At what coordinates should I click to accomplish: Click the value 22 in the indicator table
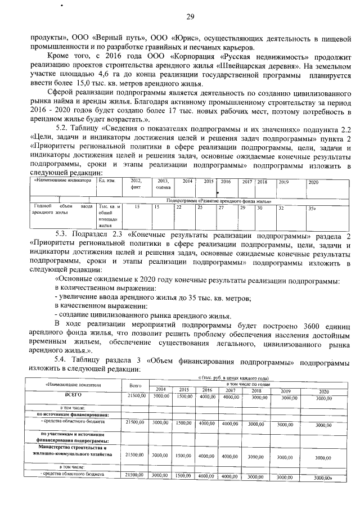click(x=178, y=208)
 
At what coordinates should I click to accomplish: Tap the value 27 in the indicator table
click(x=221, y=208)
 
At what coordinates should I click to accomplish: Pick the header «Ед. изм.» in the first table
click(x=107, y=181)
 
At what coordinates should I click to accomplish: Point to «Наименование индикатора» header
click(x=62, y=181)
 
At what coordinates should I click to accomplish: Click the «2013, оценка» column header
click(x=163, y=184)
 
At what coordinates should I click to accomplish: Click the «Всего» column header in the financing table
click(x=135, y=385)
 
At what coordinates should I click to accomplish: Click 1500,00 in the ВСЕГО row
click(x=183, y=396)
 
